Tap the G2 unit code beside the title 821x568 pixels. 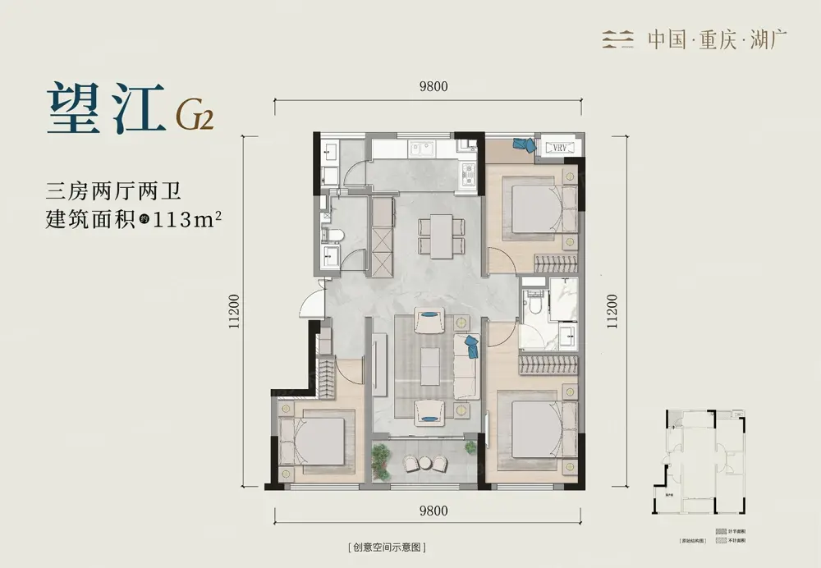(195, 117)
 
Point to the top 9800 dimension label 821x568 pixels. (433, 91)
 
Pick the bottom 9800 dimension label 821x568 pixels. (433, 511)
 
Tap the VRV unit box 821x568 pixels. (561, 147)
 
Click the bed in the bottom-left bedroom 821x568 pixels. (316, 442)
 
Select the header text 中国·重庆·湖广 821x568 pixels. (708, 39)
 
